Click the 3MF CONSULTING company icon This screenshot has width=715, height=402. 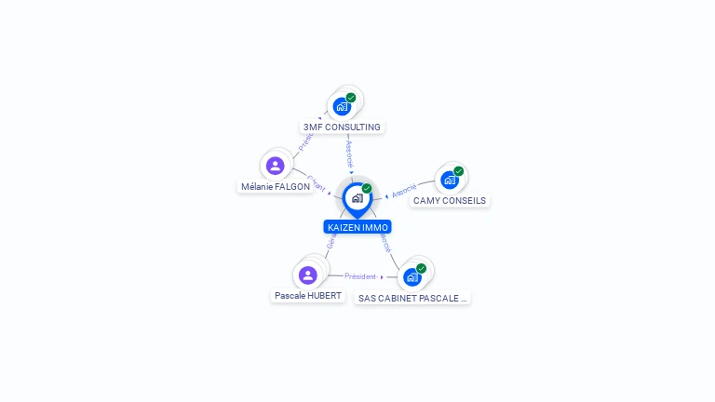pyautogui.click(x=342, y=106)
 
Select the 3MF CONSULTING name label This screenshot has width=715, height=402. pyautogui.click(x=342, y=127)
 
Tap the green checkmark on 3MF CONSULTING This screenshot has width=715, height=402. pyautogui.click(x=351, y=98)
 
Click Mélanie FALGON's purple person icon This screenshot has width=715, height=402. pyautogui.click(x=275, y=166)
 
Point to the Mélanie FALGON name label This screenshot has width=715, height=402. pyautogui.click(x=276, y=186)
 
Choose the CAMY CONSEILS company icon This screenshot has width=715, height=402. pyautogui.click(x=450, y=180)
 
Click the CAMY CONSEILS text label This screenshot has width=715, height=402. pyautogui.click(x=450, y=200)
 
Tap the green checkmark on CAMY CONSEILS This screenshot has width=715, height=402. pyautogui.click(x=459, y=171)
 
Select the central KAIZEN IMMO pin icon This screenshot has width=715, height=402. pyautogui.click(x=357, y=197)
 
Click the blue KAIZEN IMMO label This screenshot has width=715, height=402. pyautogui.click(x=357, y=227)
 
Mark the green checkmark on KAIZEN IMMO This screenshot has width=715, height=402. pyautogui.click(x=367, y=188)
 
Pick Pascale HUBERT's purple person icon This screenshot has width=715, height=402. pyautogui.click(x=308, y=275)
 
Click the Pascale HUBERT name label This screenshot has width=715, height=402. pyautogui.click(x=308, y=296)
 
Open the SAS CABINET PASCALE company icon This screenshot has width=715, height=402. pyautogui.click(x=412, y=277)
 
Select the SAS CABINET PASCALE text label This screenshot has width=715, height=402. pyautogui.click(x=412, y=298)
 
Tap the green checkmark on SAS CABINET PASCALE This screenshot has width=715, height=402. pyautogui.click(x=422, y=268)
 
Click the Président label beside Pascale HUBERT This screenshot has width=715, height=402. pyautogui.click(x=360, y=276)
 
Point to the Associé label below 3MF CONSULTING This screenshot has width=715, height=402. pyautogui.click(x=349, y=154)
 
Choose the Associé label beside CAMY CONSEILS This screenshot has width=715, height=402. pyautogui.click(x=404, y=191)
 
